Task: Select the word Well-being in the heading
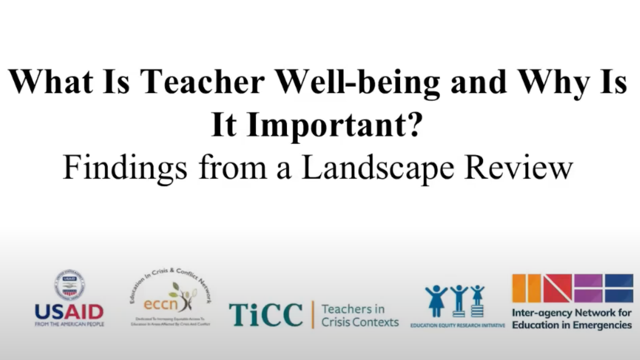tap(358, 82)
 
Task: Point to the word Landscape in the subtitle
tap(378, 168)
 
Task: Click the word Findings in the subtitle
tap(125, 168)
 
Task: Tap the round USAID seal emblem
tap(69, 285)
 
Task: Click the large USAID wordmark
tap(69, 312)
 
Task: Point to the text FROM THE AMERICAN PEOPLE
tap(69, 324)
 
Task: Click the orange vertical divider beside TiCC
tap(313, 314)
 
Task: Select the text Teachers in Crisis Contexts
tap(360, 315)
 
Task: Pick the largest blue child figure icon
tap(436, 301)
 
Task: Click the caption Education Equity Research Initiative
tap(457, 325)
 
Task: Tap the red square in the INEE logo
tap(557, 288)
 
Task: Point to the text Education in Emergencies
tap(572, 325)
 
